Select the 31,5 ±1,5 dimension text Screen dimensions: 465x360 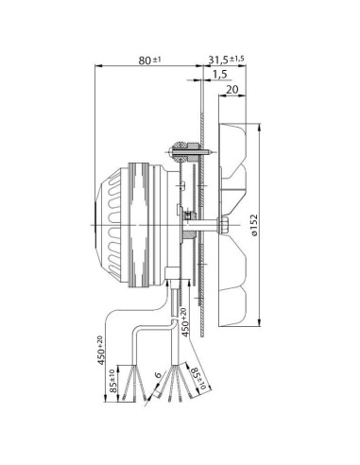click(226, 60)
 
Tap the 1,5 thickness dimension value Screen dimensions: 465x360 click(219, 74)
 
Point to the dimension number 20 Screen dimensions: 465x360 click(233, 92)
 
